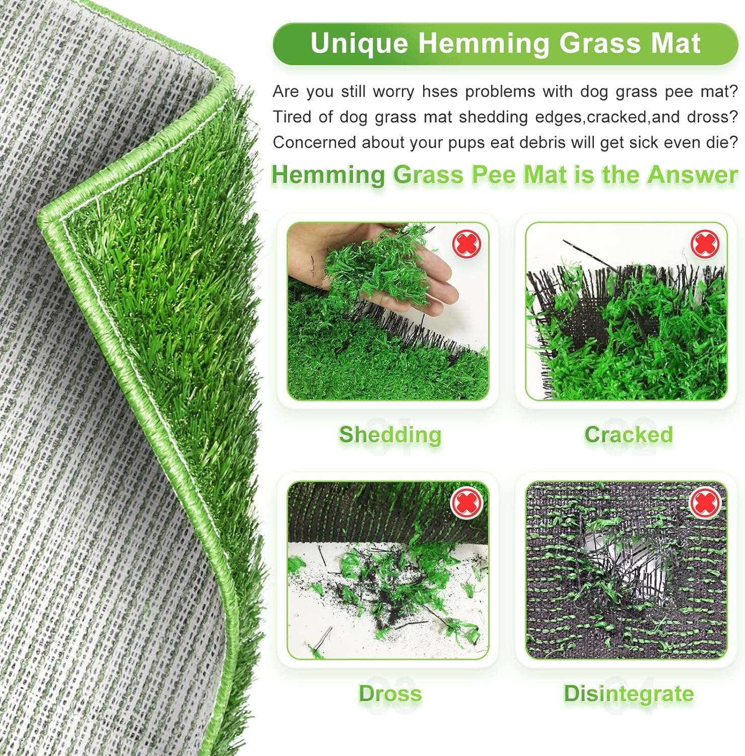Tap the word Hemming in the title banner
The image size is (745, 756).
(x=483, y=43)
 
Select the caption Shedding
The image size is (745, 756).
(x=390, y=434)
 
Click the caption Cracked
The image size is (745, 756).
(x=628, y=434)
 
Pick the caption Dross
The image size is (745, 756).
(x=390, y=694)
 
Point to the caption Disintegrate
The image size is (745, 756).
(x=628, y=694)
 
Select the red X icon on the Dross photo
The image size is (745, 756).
(x=466, y=503)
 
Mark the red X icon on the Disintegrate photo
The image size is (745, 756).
(x=704, y=503)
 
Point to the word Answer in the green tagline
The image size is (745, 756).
(x=693, y=175)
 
